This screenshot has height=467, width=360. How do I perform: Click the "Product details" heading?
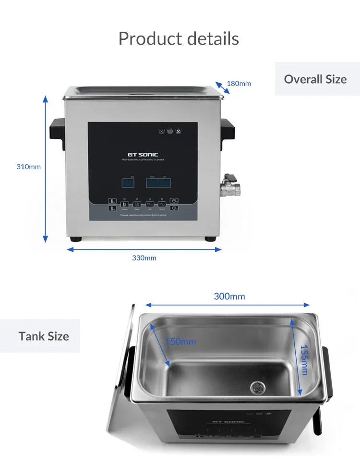(179, 38)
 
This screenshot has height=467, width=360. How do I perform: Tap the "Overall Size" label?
(315, 79)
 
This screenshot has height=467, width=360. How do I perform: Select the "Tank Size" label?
(44, 336)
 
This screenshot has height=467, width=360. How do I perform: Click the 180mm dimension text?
(239, 84)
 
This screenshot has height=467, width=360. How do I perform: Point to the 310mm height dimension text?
(29, 167)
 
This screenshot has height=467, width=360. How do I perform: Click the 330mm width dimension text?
(144, 258)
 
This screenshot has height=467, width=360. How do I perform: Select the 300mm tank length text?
(229, 296)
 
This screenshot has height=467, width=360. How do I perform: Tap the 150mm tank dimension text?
(180, 342)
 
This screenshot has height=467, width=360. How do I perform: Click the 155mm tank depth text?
(304, 360)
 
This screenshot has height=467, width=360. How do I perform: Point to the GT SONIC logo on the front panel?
(143, 155)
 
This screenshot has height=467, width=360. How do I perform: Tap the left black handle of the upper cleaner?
(58, 130)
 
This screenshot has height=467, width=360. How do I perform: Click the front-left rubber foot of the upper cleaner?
(76, 239)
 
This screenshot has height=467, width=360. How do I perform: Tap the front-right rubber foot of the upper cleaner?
(210, 239)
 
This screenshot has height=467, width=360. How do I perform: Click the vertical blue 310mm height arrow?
(46, 168)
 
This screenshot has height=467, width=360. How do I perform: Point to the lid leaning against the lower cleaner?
(119, 380)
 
